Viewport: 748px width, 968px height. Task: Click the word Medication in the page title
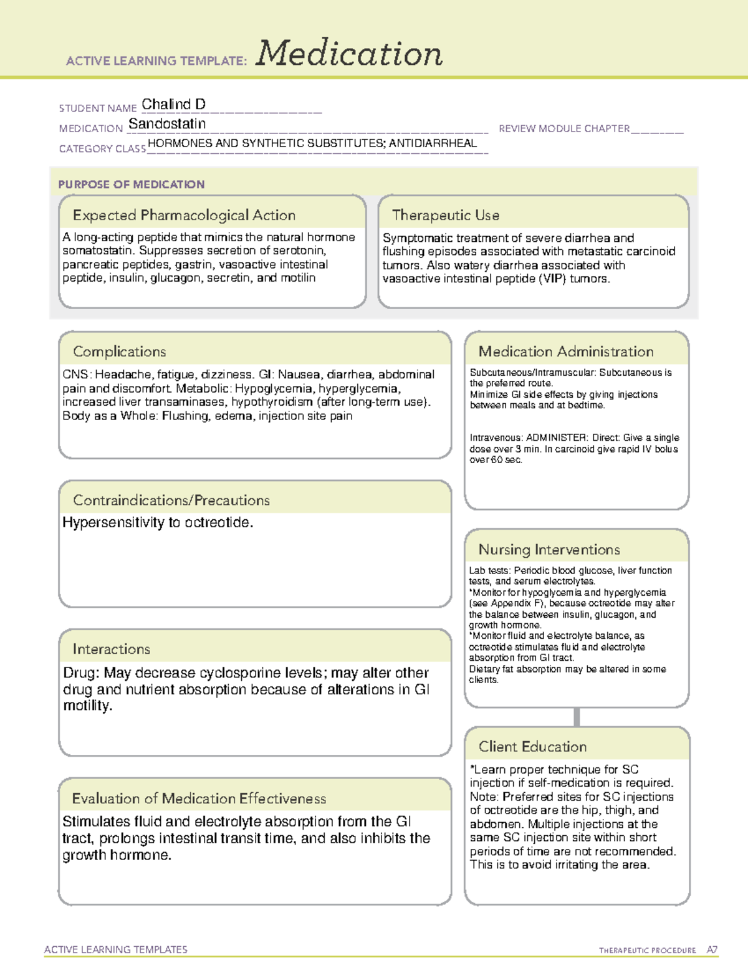pyautogui.click(x=349, y=54)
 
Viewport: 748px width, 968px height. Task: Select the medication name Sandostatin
pyautogui.click(x=167, y=124)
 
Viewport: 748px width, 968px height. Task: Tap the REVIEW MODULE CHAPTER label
pyautogui.click(x=564, y=128)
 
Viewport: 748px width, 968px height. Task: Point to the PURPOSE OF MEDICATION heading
pyautogui.click(x=132, y=184)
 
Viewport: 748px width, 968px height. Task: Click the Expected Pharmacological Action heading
pyautogui.click(x=184, y=215)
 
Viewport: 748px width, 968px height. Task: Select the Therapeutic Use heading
pyautogui.click(x=446, y=215)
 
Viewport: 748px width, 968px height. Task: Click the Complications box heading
pyautogui.click(x=120, y=352)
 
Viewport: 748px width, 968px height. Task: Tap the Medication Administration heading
pyautogui.click(x=566, y=352)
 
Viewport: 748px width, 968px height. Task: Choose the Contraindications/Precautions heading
pyautogui.click(x=171, y=501)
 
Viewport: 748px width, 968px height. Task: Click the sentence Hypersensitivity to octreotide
pyautogui.click(x=158, y=522)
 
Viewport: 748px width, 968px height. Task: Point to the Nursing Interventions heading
pyautogui.click(x=549, y=550)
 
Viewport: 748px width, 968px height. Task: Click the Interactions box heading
pyautogui.click(x=112, y=649)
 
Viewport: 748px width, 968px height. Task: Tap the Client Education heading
pyautogui.click(x=532, y=747)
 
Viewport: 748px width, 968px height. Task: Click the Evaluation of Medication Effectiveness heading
pyautogui.click(x=199, y=798)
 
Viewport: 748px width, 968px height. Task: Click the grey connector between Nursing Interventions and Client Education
pyautogui.click(x=577, y=717)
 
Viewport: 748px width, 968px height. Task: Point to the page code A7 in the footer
pyautogui.click(x=712, y=950)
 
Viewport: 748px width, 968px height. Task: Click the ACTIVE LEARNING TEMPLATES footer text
pyautogui.click(x=116, y=949)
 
